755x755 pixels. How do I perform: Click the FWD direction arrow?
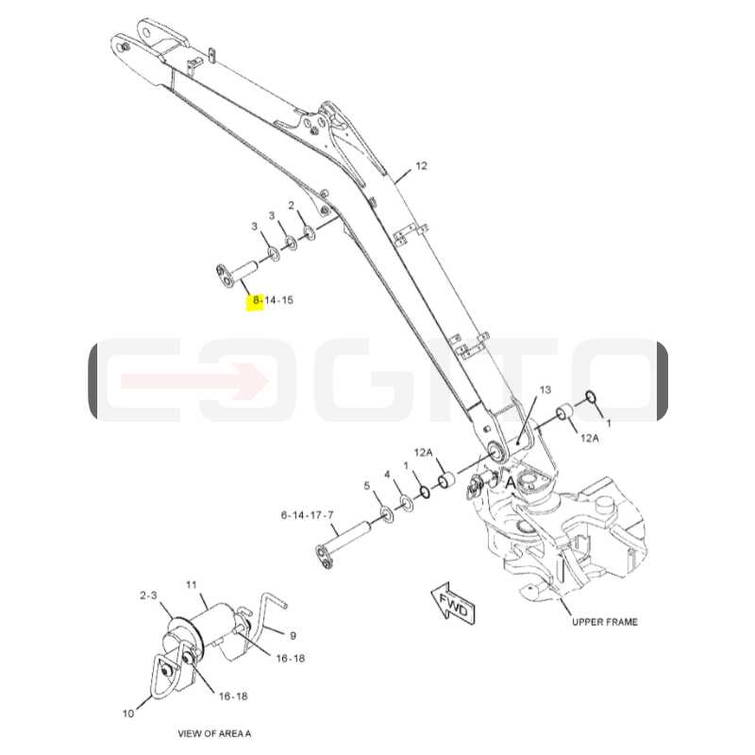(454, 603)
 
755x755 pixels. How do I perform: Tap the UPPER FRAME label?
(604, 622)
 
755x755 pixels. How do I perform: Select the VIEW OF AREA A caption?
(214, 734)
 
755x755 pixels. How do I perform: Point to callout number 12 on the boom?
(421, 166)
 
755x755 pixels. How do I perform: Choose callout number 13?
(545, 390)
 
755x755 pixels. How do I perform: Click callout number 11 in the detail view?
(192, 585)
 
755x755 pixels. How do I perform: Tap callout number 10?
(128, 713)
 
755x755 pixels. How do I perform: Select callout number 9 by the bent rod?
(293, 636)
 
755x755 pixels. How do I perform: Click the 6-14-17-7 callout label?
(308, 515)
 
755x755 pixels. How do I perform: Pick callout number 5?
(367, 486)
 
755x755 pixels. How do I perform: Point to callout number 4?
(387, 476)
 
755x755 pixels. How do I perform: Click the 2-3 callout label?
(148, 596)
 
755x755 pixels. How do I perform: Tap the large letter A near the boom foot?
(510, 483)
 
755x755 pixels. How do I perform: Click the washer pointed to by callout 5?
(387, 513)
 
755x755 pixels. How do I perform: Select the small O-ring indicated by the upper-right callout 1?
(591, 397)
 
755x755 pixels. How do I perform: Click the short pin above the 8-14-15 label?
(237, 273)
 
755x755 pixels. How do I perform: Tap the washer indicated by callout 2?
(308, 234)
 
